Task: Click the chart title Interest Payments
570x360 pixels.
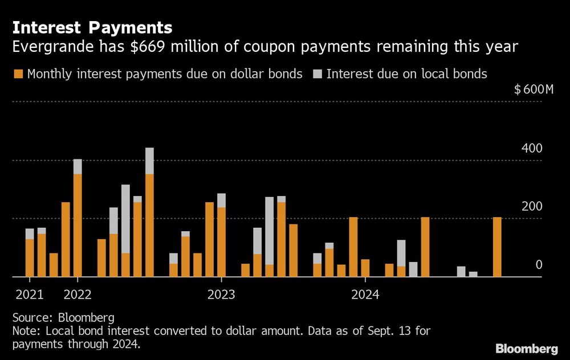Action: pyautogui.click(x=92, y=27)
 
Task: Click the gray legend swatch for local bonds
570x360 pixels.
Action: pyautogui.click(x=317, y=74)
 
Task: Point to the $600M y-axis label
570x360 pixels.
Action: pyautogui.click(x=534, y=89)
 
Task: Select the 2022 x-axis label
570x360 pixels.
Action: pyautogui.click(x=78, y=294)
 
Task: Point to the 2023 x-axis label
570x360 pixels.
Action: pyautogui.click(x=221, y=294)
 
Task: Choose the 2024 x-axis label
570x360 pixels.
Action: pyautogui.click(x=365, y=294)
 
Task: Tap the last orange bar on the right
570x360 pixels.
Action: pyautogui.click(x=497, y=247)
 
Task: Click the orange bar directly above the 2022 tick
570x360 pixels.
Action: pyautogui.click(x=78, y=225)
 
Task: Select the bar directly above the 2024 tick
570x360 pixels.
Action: pyautogui.click(x=365, y=268)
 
